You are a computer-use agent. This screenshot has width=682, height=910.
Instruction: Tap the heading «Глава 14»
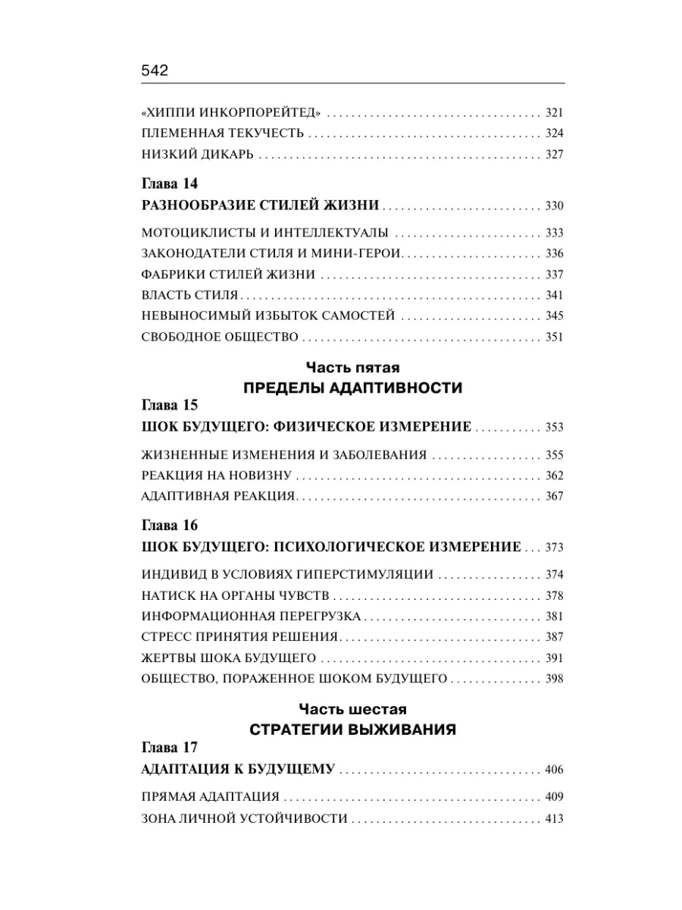(169, 184)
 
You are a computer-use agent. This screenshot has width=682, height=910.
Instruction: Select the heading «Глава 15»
(169, 405)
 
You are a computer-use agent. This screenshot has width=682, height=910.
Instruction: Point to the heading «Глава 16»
(169, 525)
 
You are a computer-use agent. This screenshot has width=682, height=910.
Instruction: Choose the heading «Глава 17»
(169, 747)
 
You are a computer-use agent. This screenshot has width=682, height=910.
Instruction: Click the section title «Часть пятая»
(352, 369)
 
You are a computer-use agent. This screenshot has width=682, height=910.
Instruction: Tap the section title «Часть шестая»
(352, 710)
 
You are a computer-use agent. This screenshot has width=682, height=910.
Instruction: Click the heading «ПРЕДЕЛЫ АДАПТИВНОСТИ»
(352, 388)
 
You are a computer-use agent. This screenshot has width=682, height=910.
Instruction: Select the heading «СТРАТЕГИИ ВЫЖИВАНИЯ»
(352, 730)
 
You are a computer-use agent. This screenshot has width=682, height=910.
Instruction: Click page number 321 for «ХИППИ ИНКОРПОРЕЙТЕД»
(554, 113)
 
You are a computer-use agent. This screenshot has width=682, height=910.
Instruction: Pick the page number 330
(554, 206)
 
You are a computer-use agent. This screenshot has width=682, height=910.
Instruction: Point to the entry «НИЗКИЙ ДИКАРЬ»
(197, 155)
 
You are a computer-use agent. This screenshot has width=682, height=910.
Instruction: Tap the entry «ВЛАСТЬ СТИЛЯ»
(189, 295)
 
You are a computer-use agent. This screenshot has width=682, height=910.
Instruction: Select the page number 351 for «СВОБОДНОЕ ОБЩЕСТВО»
(554, 337)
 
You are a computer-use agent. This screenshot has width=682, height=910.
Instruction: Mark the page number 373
(554, 548)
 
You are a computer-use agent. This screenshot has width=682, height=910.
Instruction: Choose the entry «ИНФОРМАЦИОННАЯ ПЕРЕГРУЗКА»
(251, 616)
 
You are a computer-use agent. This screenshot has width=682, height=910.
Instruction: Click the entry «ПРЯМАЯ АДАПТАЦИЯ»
(211, 797)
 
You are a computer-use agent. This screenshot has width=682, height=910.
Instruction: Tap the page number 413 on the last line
(554, 819)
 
